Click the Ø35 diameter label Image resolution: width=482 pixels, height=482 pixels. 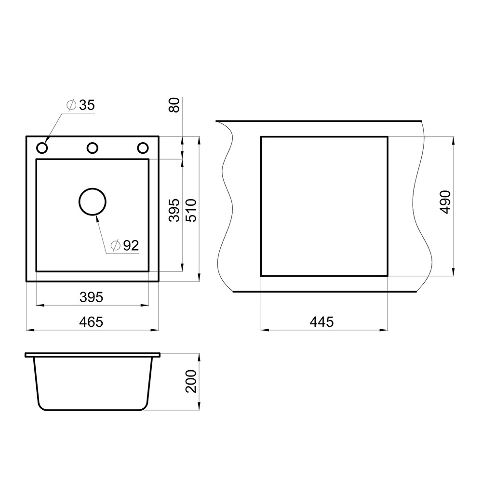point(81,105)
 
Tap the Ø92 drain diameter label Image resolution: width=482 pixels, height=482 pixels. point(125,245)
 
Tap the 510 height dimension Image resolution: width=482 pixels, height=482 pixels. point(192,211)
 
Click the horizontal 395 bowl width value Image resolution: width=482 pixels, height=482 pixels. point(91,297)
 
